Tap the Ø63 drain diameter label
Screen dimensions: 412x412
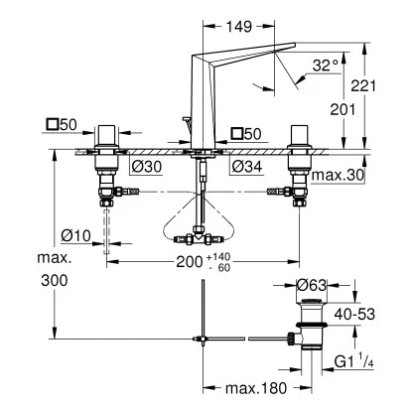(x=315, y=286)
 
